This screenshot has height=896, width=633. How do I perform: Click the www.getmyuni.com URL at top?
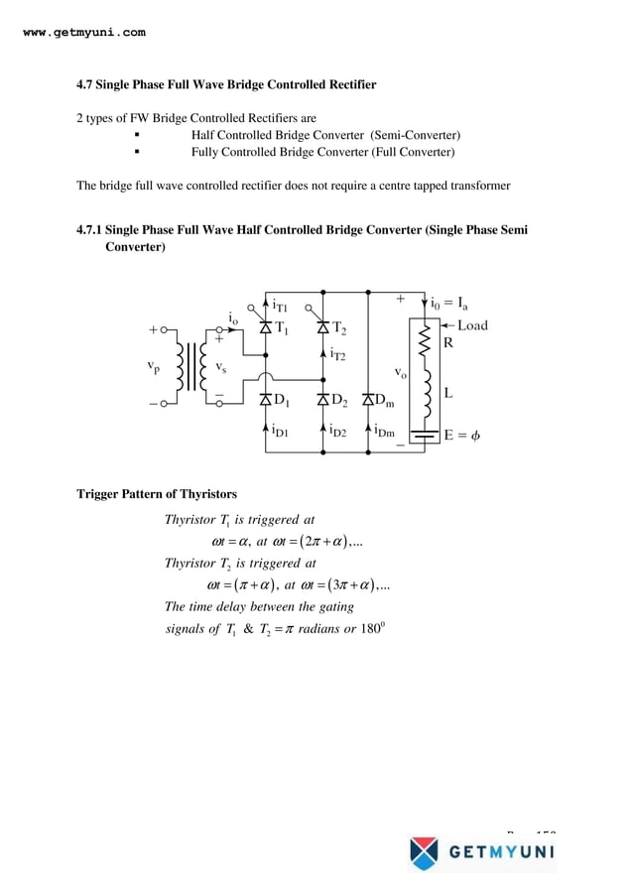(83, 32)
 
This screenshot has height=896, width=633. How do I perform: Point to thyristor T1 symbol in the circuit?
(265, 327)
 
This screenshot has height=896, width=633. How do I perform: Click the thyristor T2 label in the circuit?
(339, 328)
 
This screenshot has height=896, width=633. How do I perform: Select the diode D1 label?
(282, 401)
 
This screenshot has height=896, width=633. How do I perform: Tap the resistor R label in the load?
(448, 344)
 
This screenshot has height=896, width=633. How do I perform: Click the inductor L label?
(448, 393)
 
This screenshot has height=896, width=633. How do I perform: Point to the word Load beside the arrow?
(472, 325)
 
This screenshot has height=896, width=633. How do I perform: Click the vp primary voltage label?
(152, 366)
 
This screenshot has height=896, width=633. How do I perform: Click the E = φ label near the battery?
(462, 435)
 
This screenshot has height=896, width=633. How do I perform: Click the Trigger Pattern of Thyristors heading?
(157, 494)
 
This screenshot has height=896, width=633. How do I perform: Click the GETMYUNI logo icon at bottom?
(424, 852)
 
